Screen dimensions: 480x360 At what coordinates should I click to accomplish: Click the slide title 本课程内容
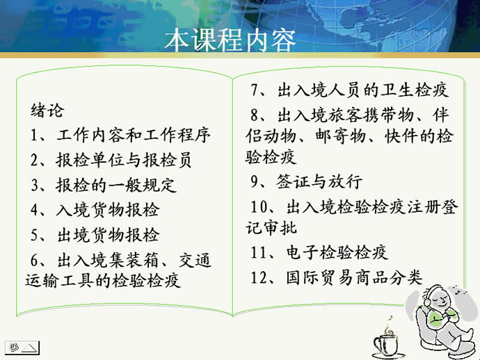click(230, 40)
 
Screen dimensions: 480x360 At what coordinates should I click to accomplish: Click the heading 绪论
click(47, 111)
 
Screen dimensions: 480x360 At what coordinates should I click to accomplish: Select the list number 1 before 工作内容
click(34, 136)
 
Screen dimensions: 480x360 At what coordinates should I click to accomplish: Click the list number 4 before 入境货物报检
click(34, 210)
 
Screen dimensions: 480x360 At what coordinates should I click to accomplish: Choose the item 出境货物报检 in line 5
click(109, 235)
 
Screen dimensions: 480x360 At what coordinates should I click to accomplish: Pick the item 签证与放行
click(319, 181)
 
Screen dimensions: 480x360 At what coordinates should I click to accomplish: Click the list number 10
click(259, 207)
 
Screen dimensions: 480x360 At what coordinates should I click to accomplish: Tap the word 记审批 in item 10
click(271, 228)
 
